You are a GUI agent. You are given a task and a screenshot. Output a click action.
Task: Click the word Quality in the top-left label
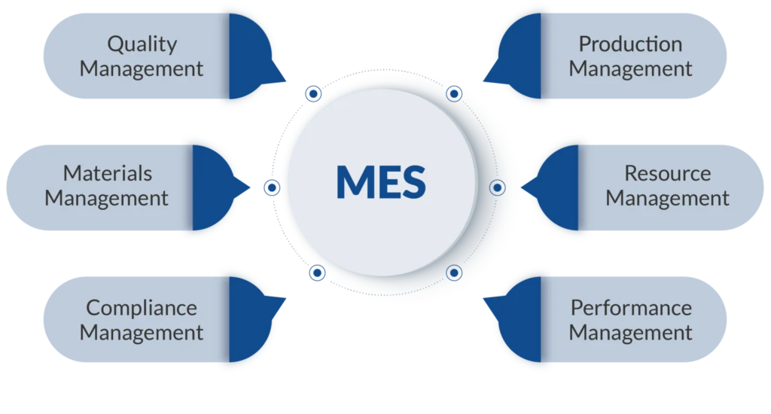(x=142, y=44)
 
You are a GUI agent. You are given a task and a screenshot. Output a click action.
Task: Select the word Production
(x=630, y=44)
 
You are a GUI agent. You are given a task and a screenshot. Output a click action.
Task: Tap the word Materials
(x=107, y=174)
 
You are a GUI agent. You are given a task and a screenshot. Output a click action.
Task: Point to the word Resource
(x=667, y=174)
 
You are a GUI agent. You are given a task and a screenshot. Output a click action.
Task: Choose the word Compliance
(x=142, y=308)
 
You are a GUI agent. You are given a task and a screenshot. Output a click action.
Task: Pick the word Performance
(x=630, y=308)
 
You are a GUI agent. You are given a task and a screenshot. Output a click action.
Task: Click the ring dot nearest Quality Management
(x=312, y=93)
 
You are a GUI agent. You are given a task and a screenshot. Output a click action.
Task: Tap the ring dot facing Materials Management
(x=272, y=186)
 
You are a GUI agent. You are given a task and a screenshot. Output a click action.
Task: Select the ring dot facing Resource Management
(x=497, y=187)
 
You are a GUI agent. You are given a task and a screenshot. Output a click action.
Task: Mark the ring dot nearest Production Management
(x=453, y=94)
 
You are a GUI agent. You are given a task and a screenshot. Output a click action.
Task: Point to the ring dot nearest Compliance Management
(x=317, y=272)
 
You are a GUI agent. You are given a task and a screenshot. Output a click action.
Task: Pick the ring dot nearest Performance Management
(x=453, y=272)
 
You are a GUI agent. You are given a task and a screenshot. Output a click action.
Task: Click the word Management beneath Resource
(x=667, y=199)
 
